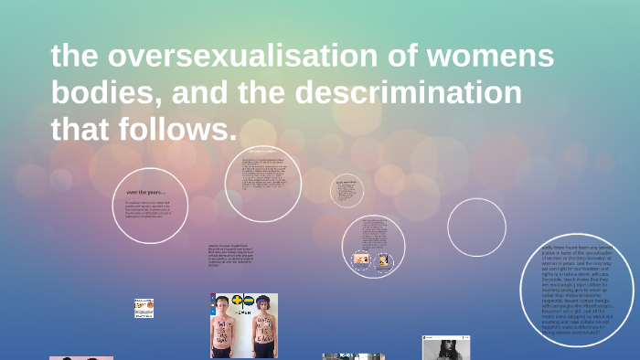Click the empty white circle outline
pyautogui.click(x=476, y=227)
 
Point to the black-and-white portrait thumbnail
pyautogui.click(x=445, y=347)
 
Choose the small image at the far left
pyautogui.click(x=144, y=308)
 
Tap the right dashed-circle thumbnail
pyautogui.click(x=384, y=260)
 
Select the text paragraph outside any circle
pyautogui.click(x=231, y=258)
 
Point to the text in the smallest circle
pyautogui.click(x=347, y=189)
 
